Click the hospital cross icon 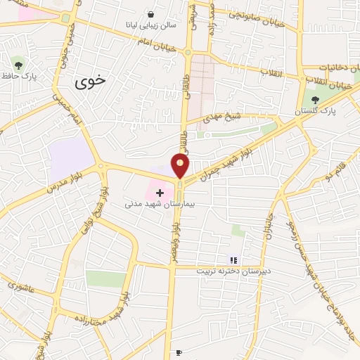pyautogui.click(x=160, y=191)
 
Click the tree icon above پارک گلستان pyautogui.click(x=314, y=99)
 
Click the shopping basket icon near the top pyautogui.click(x=150, y=13)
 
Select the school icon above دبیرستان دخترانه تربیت pyautogui.click(x=233, y=259)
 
